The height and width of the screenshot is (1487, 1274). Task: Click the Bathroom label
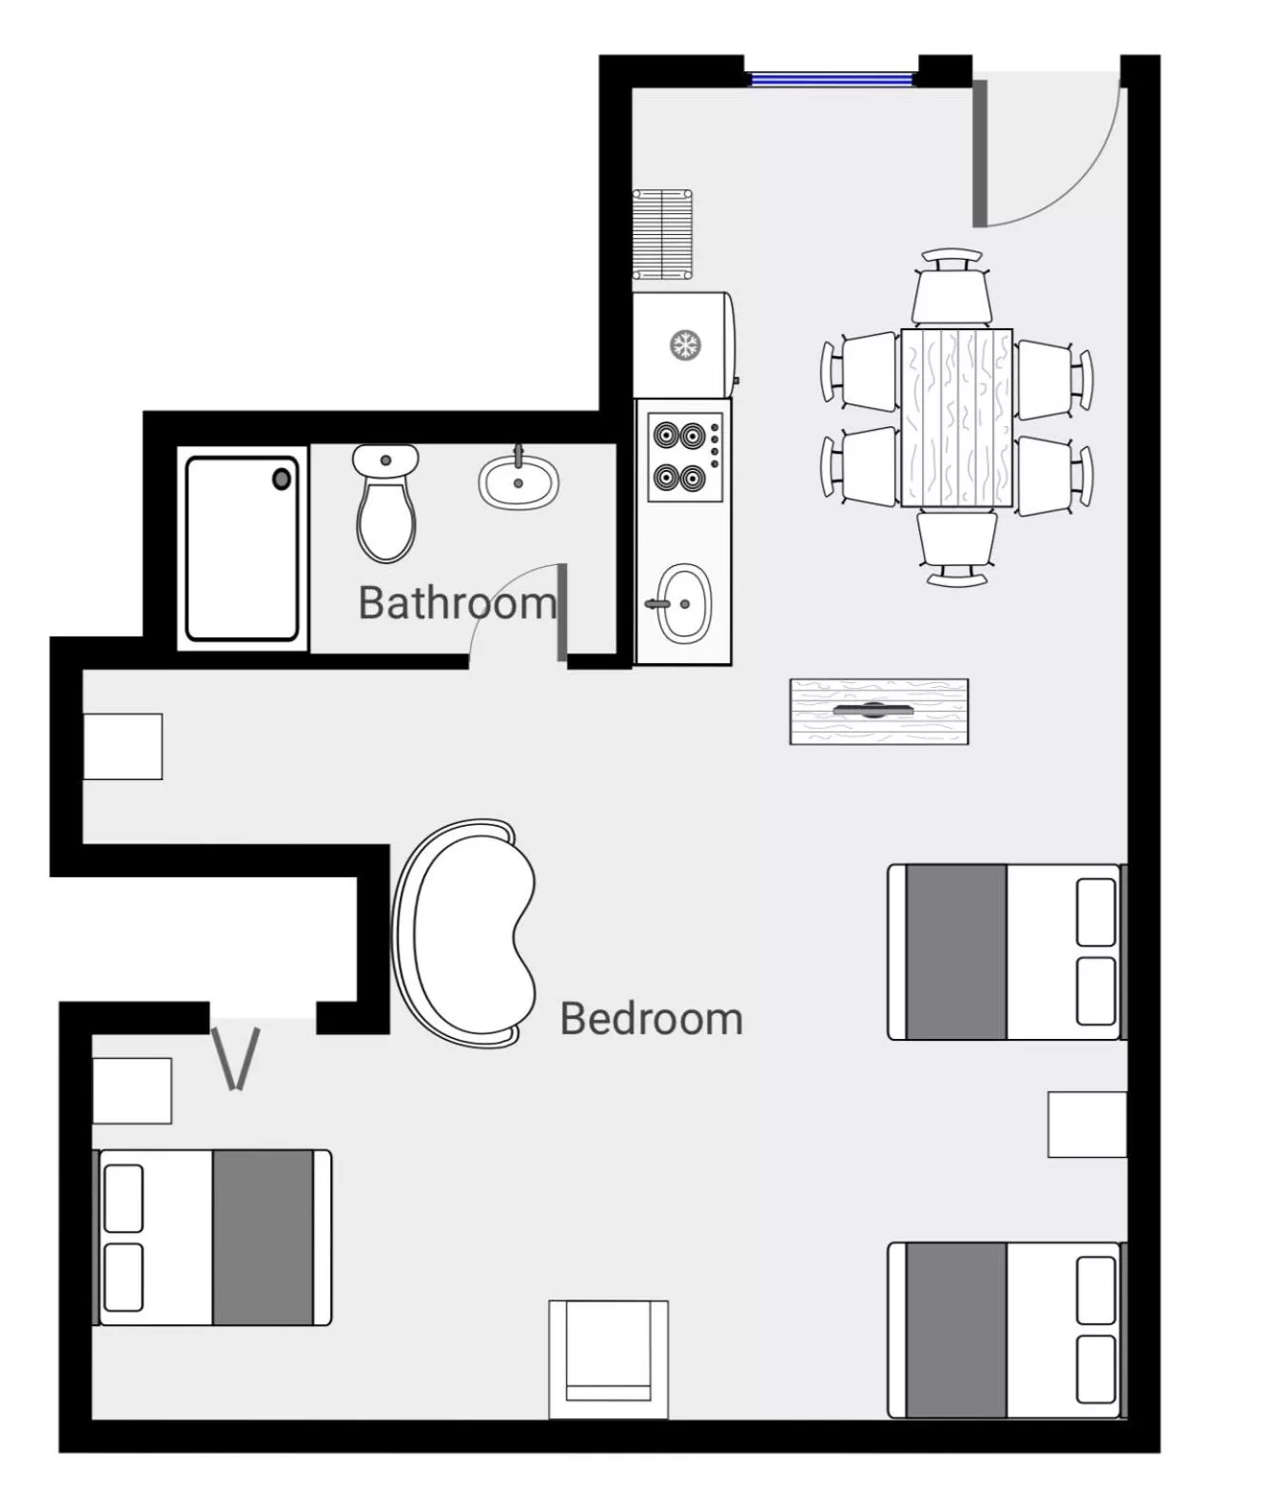coord(456,602)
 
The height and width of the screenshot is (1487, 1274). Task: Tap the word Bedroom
coord(651,1019)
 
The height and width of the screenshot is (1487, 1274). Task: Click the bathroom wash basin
coord(518,481)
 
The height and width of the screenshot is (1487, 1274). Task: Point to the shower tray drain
coord(282,479)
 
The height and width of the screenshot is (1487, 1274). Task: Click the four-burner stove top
coord(684,456)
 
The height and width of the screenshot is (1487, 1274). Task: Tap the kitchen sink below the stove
coord(684,602)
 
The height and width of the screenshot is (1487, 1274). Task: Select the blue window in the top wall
coord(832,79)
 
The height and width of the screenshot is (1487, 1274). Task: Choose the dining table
coord(956,418)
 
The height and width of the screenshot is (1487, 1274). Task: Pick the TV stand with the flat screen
coord(878,711)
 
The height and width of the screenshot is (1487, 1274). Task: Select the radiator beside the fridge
coord(662,234)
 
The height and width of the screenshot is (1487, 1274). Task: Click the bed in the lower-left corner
coord(214,1237)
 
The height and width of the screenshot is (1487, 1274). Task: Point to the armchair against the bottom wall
coord(608,1359)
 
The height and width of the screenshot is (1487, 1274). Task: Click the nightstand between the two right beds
coord(1087,1125)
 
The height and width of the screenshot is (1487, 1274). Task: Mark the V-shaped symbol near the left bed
coord(236,1058)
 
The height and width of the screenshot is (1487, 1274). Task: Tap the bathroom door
coord(562,612)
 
